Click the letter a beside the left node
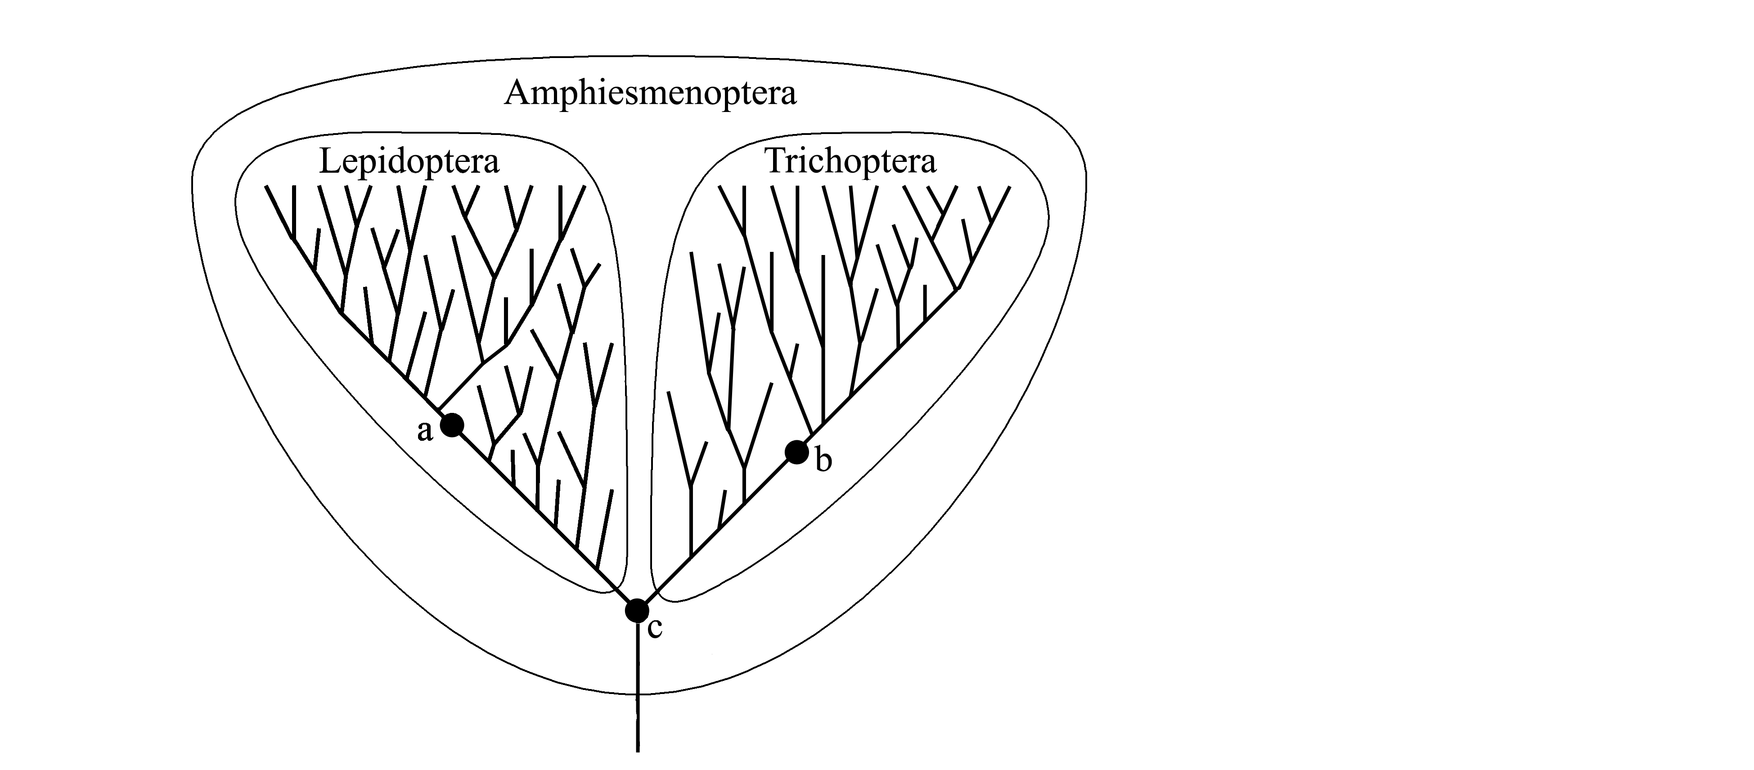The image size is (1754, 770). click(425, 431)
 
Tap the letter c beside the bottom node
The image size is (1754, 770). click(654, 628)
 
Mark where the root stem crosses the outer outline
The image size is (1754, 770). click(637, 694)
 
